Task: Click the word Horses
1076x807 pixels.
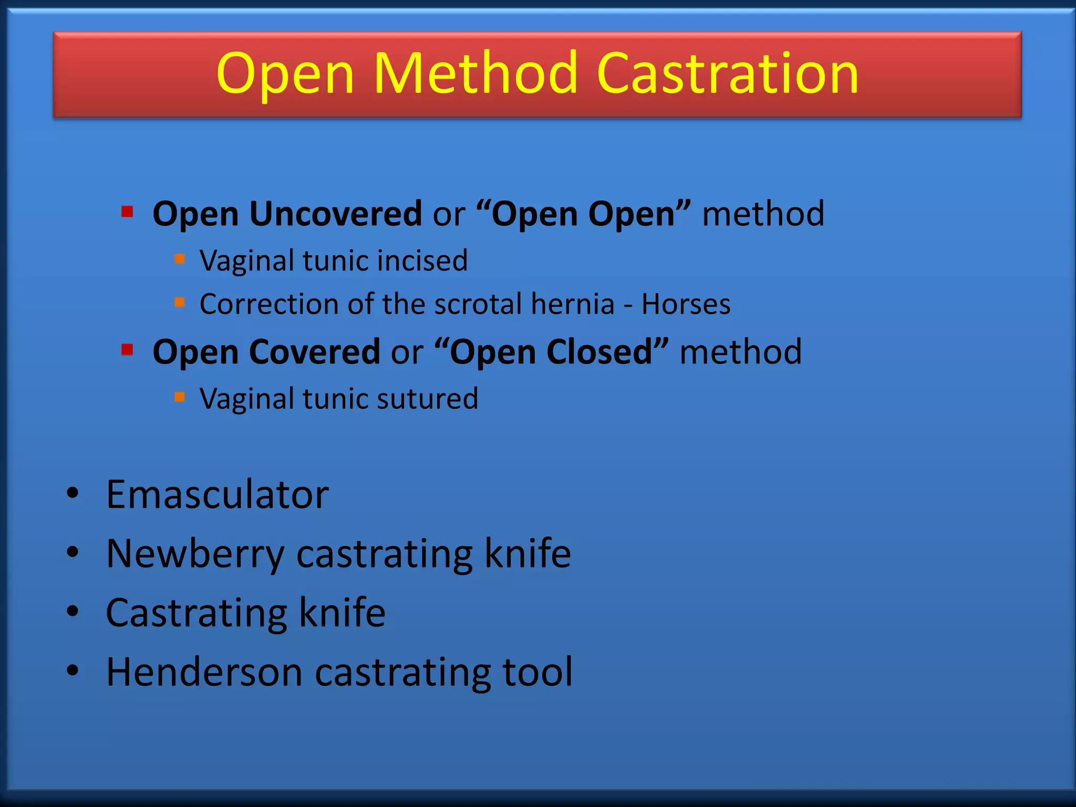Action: [686, 304]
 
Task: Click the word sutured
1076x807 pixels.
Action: [427, 399]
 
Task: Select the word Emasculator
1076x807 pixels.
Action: [217, 495]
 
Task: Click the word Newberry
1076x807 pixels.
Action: [195, 554]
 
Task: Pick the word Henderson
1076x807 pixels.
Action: [204, 672]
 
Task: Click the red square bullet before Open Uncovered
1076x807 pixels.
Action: [127, 212]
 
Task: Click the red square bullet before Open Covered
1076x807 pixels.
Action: [127, 350]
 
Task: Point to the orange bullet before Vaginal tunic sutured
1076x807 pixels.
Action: [180, 397]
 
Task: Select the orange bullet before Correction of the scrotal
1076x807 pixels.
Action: [180, 302]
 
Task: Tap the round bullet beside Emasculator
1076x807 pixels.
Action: [73, 493]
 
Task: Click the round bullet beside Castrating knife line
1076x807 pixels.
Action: [73, 612]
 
